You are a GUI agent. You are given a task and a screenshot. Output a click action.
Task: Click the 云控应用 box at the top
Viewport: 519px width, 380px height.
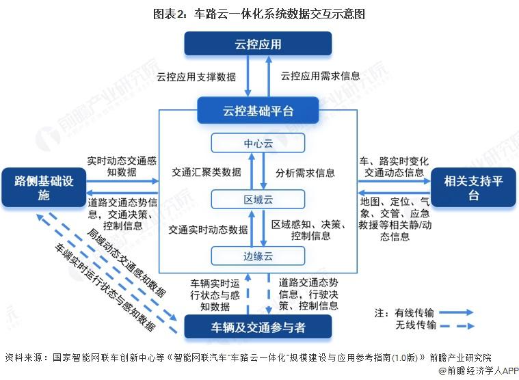[x=258, y=44]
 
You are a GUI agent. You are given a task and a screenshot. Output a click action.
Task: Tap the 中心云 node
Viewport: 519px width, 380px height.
[x=258, y=144]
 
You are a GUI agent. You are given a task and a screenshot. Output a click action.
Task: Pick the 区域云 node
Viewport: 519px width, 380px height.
[x=258, y=199]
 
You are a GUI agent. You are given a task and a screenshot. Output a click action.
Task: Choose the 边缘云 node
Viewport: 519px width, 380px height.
[x=258, y=256]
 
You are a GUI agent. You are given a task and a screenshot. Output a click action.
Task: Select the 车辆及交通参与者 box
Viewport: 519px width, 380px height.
[x=258, y=327]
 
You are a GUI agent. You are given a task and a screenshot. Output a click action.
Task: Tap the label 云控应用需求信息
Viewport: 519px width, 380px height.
[x=320, y=76]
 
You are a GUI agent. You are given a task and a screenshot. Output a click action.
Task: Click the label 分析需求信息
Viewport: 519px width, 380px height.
[x=305, y=172]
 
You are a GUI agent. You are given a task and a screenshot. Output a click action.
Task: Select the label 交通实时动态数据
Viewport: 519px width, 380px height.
[x=208, y=230]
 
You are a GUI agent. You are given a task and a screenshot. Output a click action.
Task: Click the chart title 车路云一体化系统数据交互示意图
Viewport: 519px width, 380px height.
[x=258, y=13]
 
